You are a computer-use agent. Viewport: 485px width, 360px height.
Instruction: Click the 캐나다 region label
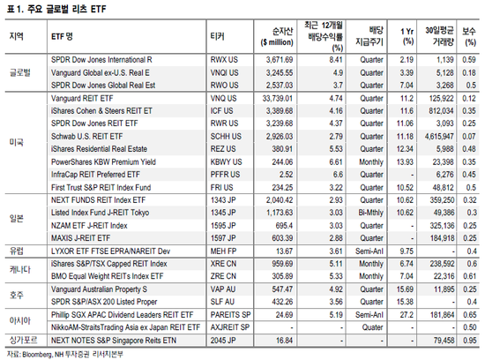[19, 269]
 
